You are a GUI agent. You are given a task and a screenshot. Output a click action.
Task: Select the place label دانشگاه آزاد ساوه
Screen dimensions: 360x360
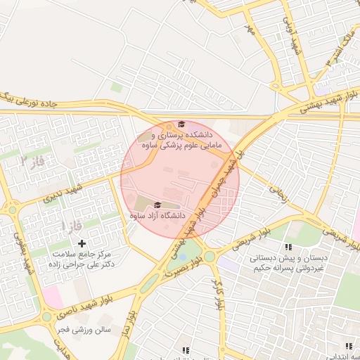point(157,216)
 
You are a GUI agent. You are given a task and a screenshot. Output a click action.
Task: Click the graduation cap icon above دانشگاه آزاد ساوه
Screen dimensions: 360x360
point(158,205)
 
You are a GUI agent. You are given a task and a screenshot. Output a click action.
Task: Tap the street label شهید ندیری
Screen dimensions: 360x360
point(63,193)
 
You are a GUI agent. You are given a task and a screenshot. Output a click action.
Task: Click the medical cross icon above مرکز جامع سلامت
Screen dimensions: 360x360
point(82,243)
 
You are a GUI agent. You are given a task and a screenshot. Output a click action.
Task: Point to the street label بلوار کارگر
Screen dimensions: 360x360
point(217,295)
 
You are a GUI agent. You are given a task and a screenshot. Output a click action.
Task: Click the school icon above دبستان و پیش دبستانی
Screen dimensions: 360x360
point(288,247)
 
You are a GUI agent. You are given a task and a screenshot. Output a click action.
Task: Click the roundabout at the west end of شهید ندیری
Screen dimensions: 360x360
point(13,208)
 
